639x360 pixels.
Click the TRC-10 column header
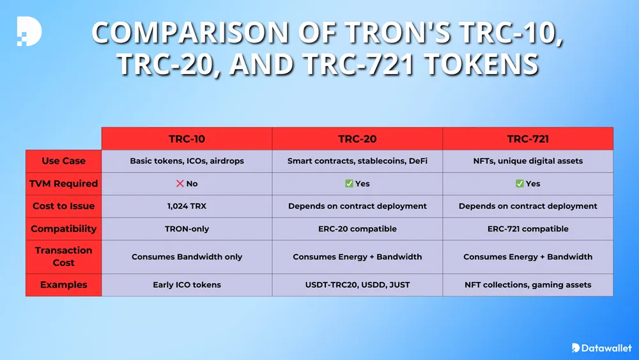(x=187, y=138)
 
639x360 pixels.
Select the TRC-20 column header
(x=357, y=138)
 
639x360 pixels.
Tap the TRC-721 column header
(x=528, y=138)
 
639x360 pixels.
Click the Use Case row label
(x=63, y=160)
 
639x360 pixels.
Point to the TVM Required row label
(x=63, y=184)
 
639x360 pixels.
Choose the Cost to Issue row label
(x=63, y=206)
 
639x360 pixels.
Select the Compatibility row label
(x=63, y=228)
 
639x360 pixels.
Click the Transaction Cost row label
(x=63, y=256)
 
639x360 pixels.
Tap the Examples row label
(x=63, y=285)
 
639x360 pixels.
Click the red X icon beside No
(x=180, y=184)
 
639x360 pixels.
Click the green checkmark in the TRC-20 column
(x=349, y=184)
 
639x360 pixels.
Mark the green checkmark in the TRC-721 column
(x=520, y=184)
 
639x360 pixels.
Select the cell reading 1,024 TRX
(x=187, y=206)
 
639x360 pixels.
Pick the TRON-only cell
(x=187, y=228)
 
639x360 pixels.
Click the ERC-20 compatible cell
(x=357, y=228)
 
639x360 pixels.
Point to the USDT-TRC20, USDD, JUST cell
(x=357, y=285)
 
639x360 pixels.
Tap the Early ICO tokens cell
(x=187, y=285)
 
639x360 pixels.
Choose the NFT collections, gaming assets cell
(x=528, y=285)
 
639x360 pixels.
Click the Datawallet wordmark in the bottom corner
(x=604, y=348)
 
